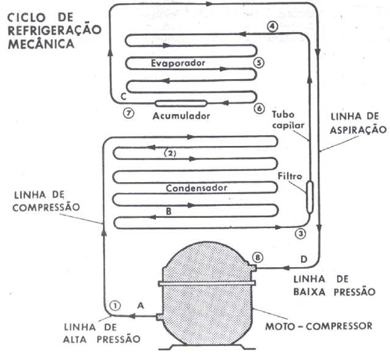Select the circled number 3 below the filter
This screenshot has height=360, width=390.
(x=299, y=233)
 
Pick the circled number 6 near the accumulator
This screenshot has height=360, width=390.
(x=258, y=107)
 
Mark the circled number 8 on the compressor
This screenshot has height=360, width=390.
(x=258, y=258)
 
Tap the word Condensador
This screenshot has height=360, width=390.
(x=195, y=188)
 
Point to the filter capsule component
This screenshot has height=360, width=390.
(x=310, y=196)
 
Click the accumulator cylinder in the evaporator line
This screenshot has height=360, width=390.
(x=182, y=102)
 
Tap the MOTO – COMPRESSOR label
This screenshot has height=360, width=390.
(x=319, y=325)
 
